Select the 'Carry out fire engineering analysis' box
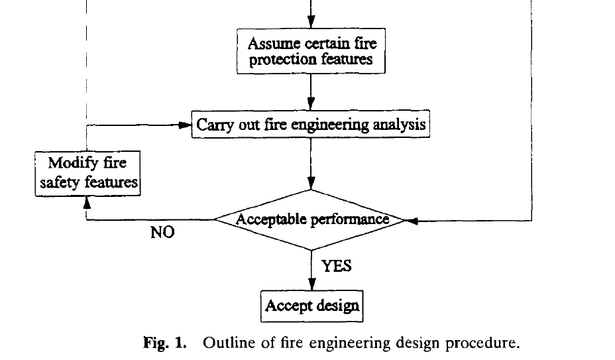click(311, 124)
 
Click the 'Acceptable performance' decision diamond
click(311, 219)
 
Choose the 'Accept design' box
click(312, 306)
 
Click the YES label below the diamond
click(336, 266)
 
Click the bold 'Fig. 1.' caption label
click(166, 343)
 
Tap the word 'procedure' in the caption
click(484, 343)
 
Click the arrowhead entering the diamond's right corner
click(411, 221)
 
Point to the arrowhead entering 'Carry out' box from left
click(186, 125)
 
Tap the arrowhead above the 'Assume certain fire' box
click(311, 25)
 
